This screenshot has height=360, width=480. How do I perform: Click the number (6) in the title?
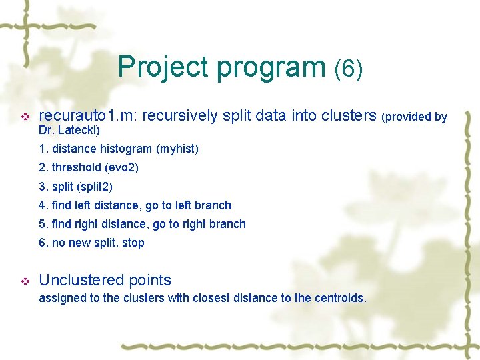pos(349,68)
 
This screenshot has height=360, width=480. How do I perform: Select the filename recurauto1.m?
pos(86,116)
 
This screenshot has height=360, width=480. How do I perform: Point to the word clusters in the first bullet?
pos(349,116)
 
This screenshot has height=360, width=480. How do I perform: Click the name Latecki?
pos(78,129)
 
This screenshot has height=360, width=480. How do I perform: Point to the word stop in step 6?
pos(133,243)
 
